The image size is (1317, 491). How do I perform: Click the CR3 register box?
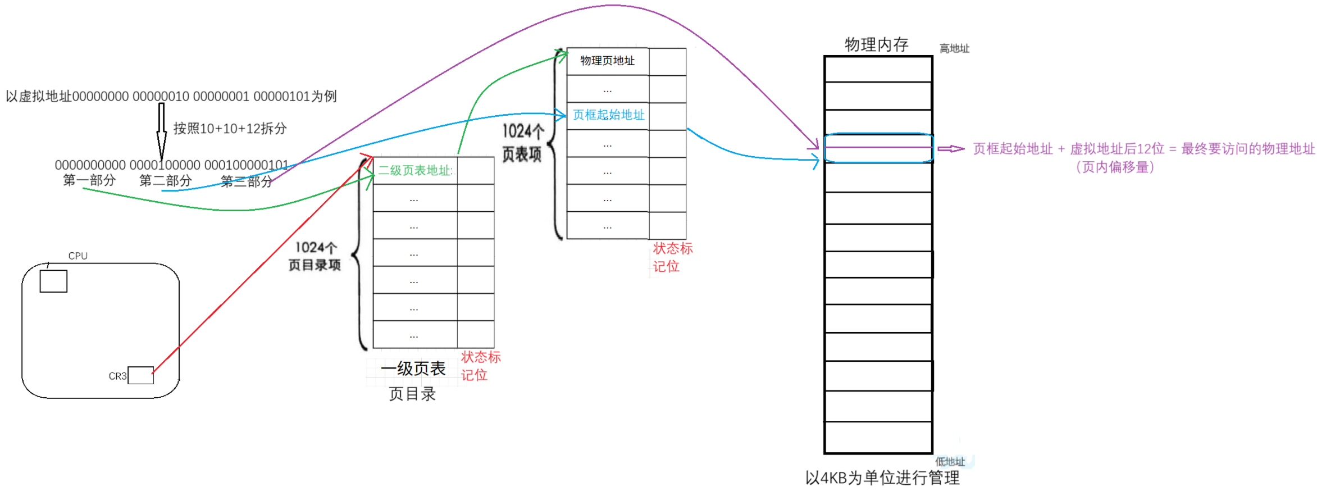click(x=140, y=375)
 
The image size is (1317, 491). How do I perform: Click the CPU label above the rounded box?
click(x=78, y=256)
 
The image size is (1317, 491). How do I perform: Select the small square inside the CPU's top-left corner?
click(x=53, y=281)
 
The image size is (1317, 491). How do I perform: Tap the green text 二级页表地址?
click(x=414, y=171)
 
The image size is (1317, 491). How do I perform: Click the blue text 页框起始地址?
click(x=608, y=115)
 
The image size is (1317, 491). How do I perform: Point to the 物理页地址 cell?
click(x=607, y=61)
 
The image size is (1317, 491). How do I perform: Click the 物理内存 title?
click(x=876, y=45)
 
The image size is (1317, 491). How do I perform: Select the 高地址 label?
click(x=954, y=49)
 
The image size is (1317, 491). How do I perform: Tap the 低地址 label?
click(x=950, y=462)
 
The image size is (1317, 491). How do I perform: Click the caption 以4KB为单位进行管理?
click(x=882, y=478)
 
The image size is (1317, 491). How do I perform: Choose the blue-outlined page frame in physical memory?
click(x=878, y=148)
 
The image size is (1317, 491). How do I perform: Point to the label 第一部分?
click(x=89, y=180)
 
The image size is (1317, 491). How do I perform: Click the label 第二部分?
click(x=165, y=181)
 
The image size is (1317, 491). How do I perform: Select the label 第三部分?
click(x=246, y=181)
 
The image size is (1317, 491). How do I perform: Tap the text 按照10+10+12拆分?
click(x=230, y=129)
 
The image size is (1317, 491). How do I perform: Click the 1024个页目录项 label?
click(x=315, y=256)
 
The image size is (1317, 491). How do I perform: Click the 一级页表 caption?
click(x=413, y=369)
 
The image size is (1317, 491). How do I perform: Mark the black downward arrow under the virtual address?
click(x=161, y=132)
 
